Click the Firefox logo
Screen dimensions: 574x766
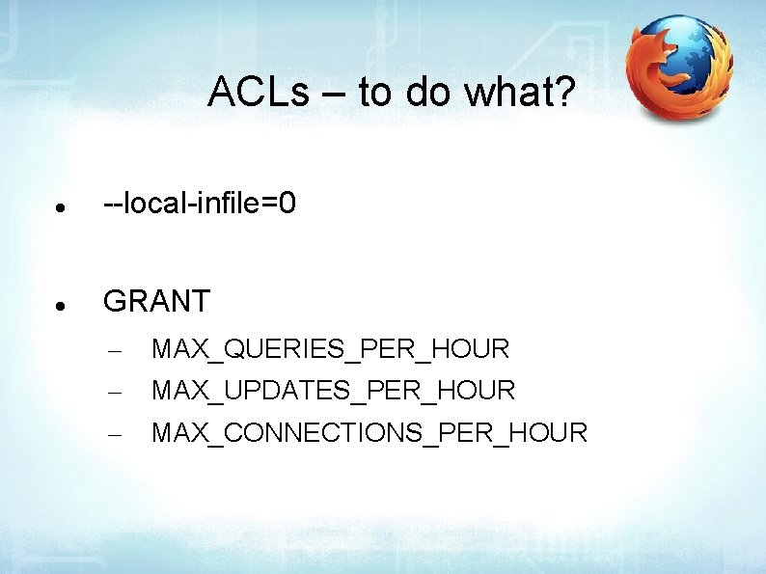pos(679,68)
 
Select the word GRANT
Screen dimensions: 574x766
pos(156,302)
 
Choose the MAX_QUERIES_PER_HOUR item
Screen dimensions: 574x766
pos(330,349)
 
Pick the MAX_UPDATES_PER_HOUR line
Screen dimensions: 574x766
pos(334,391)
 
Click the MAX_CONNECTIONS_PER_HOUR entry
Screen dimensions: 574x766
pos(369,433)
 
